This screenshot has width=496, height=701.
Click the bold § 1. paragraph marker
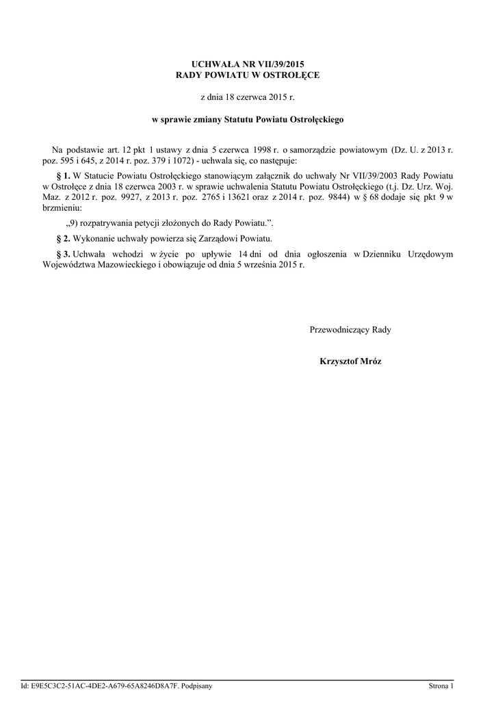click(x=62, y=175)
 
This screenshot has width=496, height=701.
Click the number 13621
click(x=250, y=197)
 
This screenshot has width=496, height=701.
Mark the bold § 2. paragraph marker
click(x=62, y=238)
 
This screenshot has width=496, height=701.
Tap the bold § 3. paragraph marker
click(x=62, y=254)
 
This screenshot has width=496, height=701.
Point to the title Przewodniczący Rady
click(x=350, y=329)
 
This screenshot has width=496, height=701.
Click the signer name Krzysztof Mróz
click(x=350, y=361)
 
